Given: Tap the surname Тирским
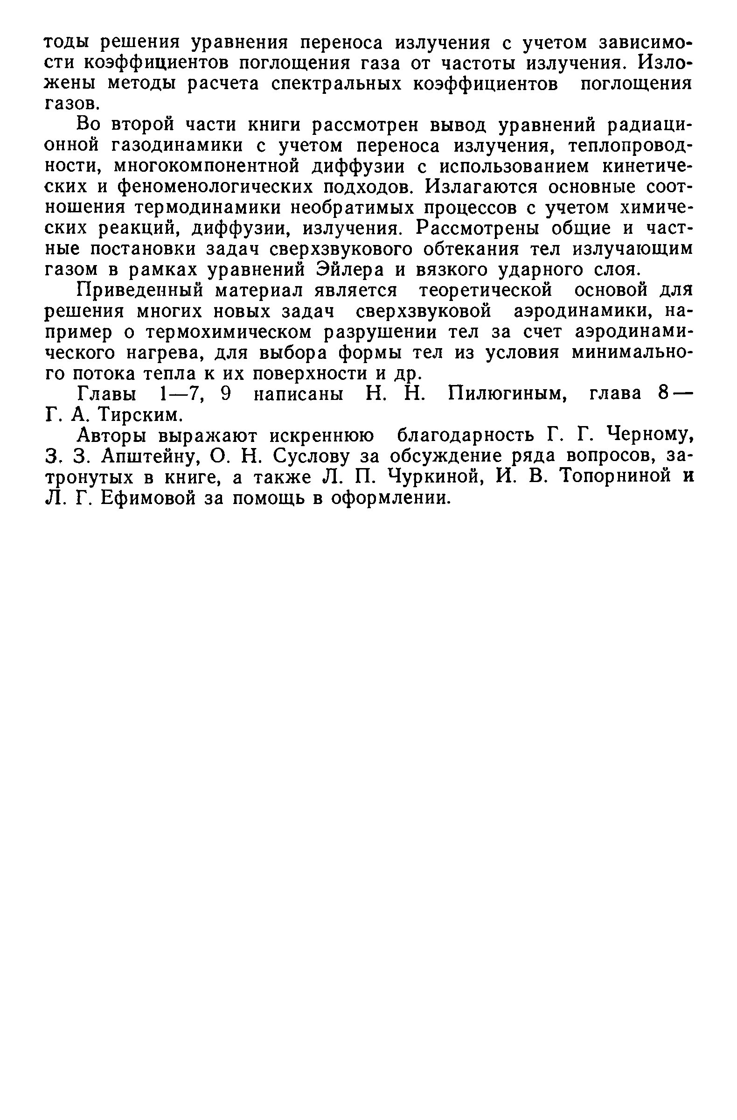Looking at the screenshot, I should coord(140,414).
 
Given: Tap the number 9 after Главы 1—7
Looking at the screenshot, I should coord(226,393).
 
